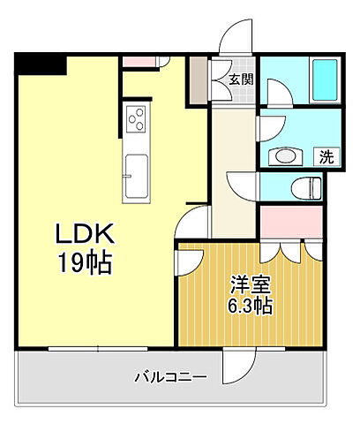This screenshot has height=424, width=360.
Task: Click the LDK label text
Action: click(86, 236)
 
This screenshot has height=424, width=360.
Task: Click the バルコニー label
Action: click(170, 377)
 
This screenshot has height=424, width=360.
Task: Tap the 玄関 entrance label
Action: click(239, 79)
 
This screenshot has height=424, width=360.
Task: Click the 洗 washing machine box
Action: click(326, 157)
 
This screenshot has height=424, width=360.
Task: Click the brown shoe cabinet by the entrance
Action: click(197, 80)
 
